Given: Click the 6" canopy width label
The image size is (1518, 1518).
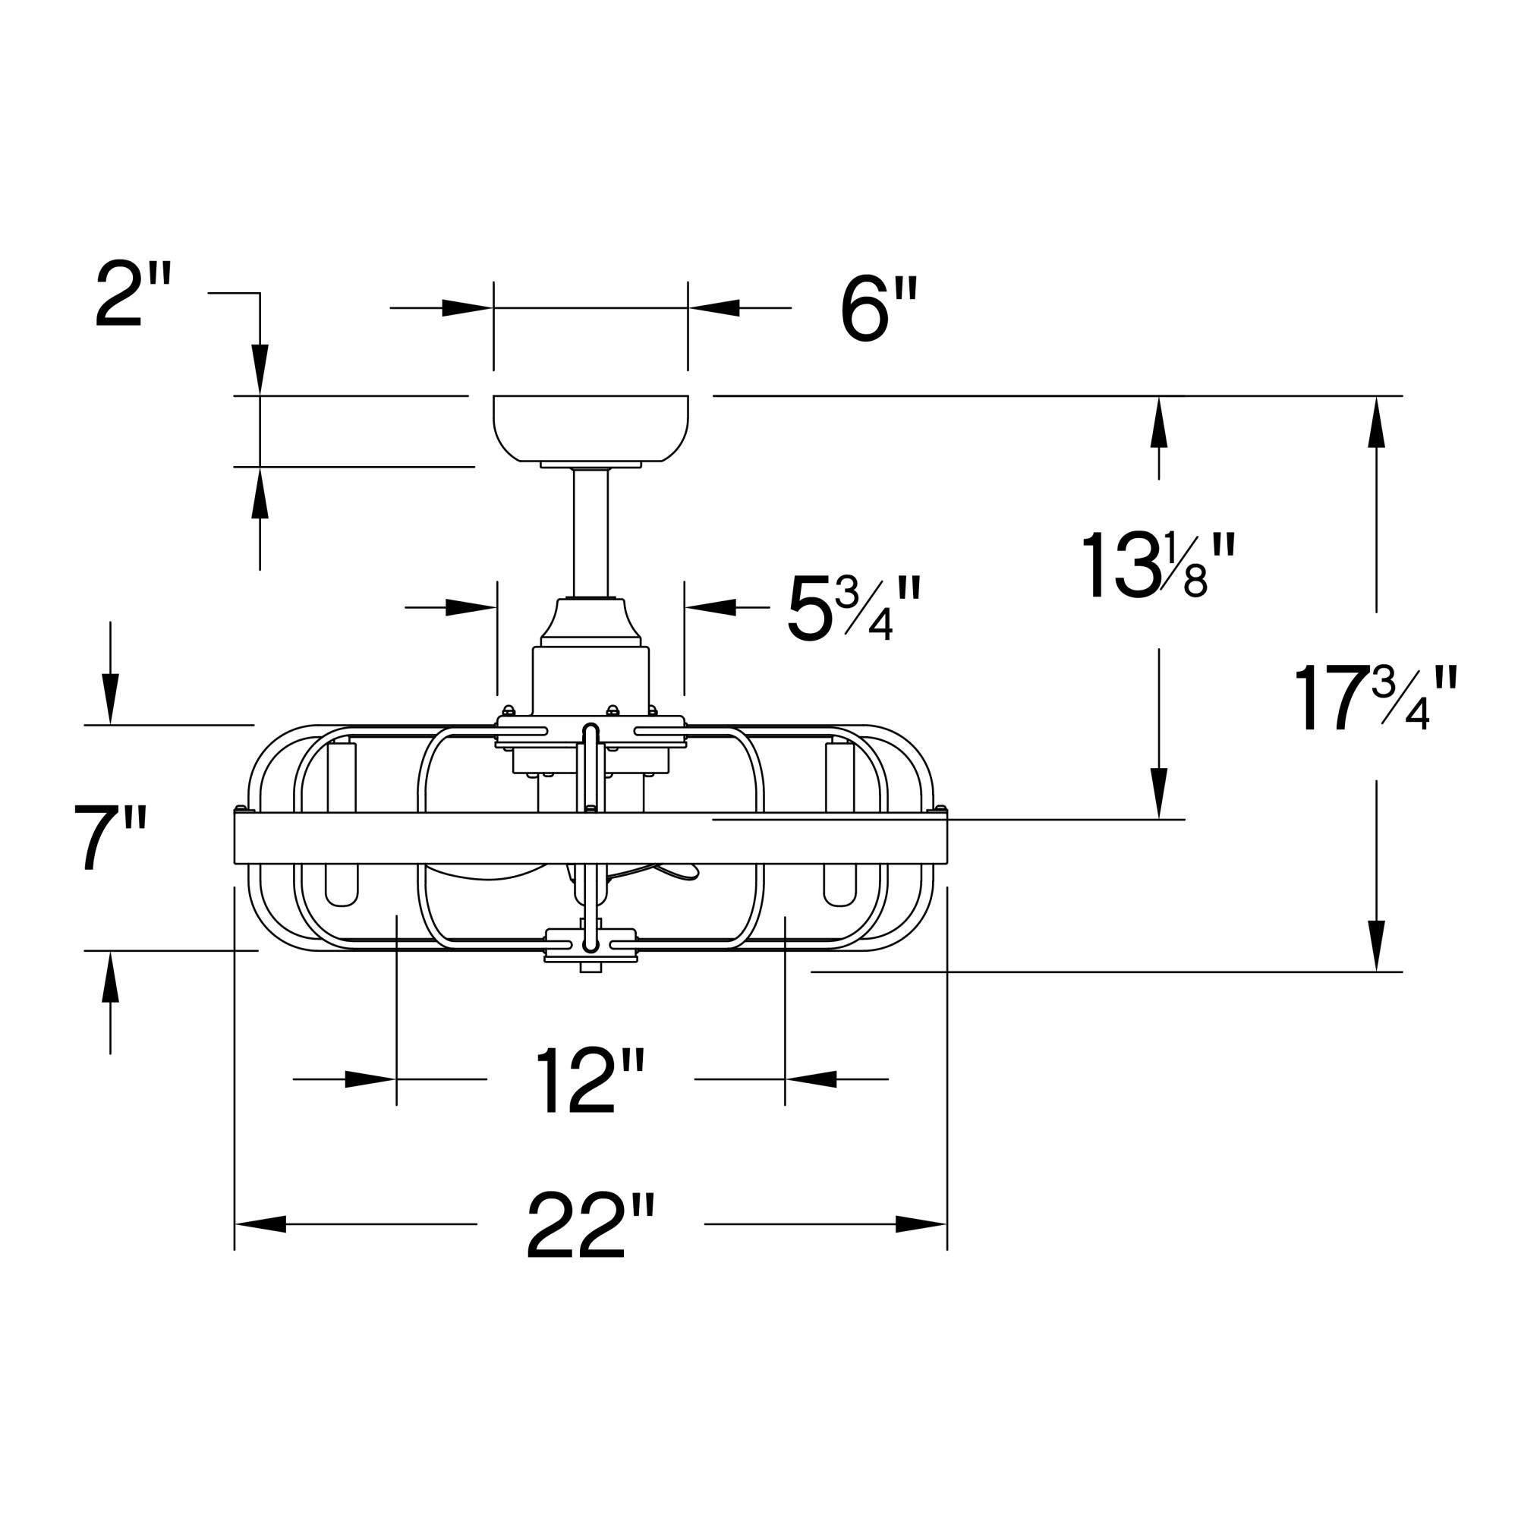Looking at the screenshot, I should pos(877,310).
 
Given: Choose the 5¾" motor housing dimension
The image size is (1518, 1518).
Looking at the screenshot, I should pos(852,609).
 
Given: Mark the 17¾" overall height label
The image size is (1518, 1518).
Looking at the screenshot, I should pos(1375,699).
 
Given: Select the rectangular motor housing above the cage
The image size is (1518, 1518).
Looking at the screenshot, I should pos(590,679).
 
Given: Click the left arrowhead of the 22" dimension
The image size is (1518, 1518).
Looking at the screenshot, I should pos(260,1224).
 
